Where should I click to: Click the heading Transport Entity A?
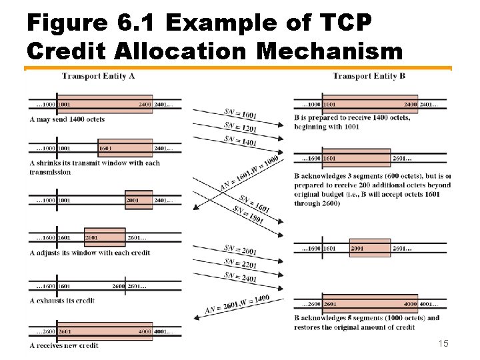[99, 76]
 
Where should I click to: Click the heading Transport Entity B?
[369, 76]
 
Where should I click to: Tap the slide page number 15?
[443, 343]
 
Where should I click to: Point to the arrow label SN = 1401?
[241, 141]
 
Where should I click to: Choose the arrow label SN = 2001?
[239, 251]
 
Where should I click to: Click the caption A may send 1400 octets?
[67, 119]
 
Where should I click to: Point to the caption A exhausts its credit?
[62, 300]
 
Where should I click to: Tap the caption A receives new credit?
[64, 345]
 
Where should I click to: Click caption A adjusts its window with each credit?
[89, 253]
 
